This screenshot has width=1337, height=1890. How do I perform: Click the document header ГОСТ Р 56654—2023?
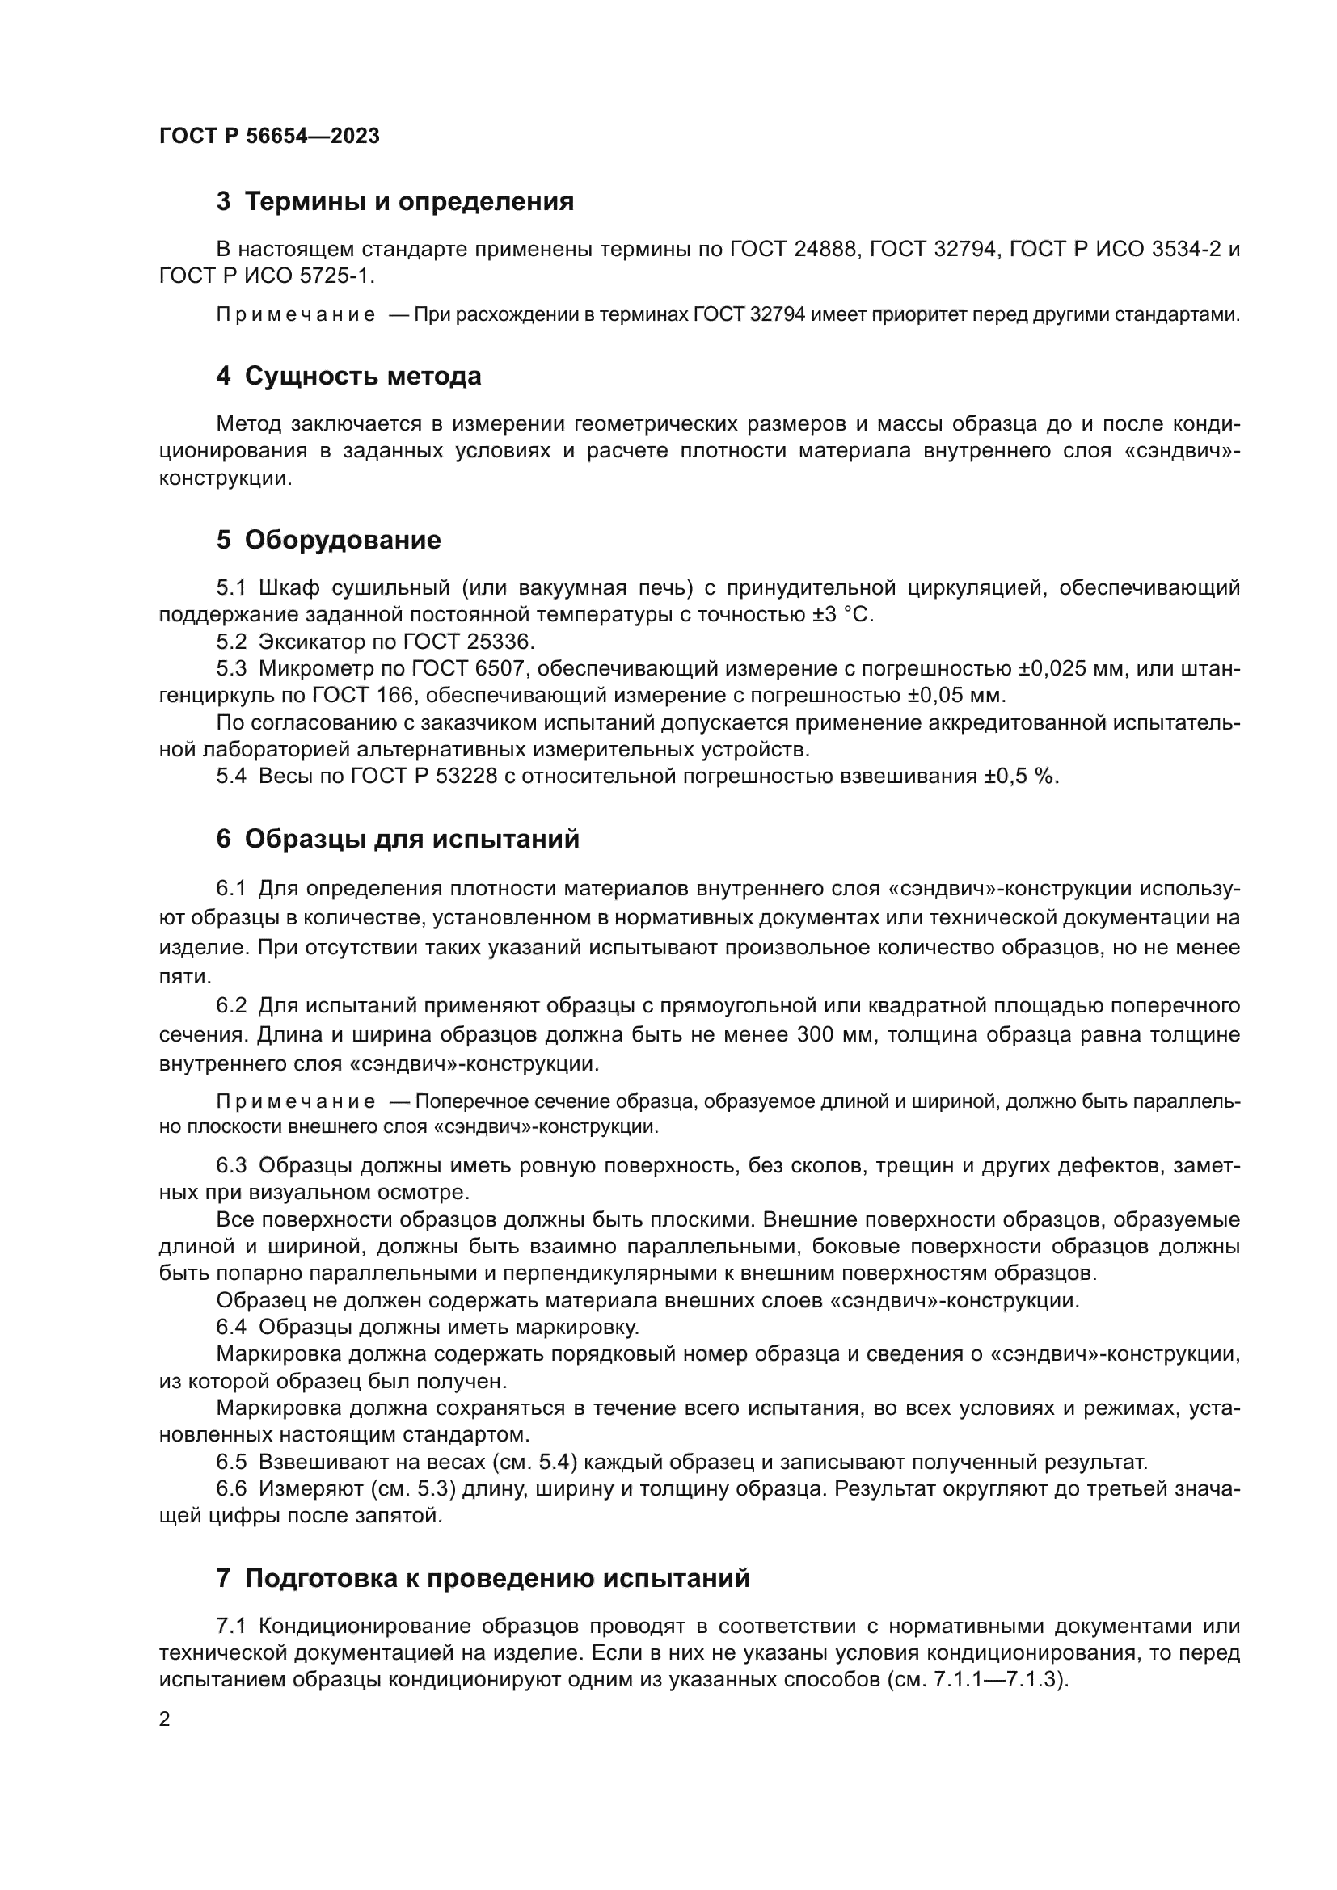coord(269,136)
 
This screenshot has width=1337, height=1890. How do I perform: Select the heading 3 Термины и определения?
coord(394,202)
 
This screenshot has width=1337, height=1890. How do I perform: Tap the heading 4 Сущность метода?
coord(348,377)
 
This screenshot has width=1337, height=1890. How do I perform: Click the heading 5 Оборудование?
coord(328,540)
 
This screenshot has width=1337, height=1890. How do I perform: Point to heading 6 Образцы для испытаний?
coord(398,839)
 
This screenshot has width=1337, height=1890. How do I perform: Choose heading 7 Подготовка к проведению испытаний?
coord(483,1578)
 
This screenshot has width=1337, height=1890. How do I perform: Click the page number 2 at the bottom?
coord(165,1719)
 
